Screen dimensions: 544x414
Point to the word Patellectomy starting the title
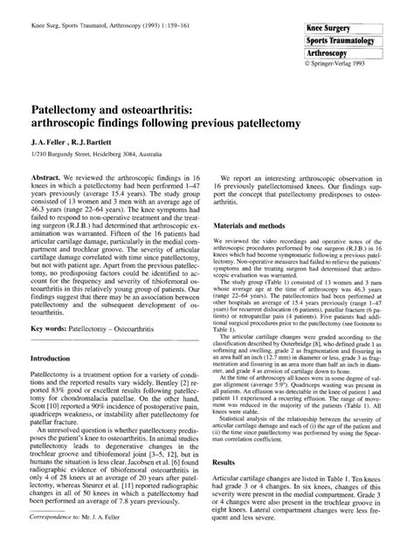(x=73, y=114)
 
